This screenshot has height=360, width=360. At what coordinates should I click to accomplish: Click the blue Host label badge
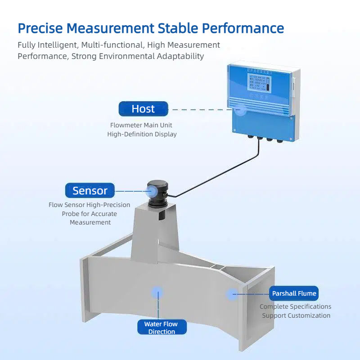coord(143,109)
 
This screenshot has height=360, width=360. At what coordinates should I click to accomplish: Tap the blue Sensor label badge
coord(90,190)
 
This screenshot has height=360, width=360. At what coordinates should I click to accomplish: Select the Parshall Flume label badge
coord(294,294)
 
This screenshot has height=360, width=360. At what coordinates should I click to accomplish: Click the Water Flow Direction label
coord(161,328)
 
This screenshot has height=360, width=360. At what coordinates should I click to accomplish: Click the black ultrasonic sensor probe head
coord(158,189)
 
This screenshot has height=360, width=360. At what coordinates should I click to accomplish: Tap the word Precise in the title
coord(40,28)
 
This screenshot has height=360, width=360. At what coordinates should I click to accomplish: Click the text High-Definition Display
coord(142,134)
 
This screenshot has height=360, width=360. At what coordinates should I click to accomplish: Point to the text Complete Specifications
coord(296,306)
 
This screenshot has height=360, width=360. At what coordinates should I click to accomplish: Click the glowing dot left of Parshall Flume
coord(232,294)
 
